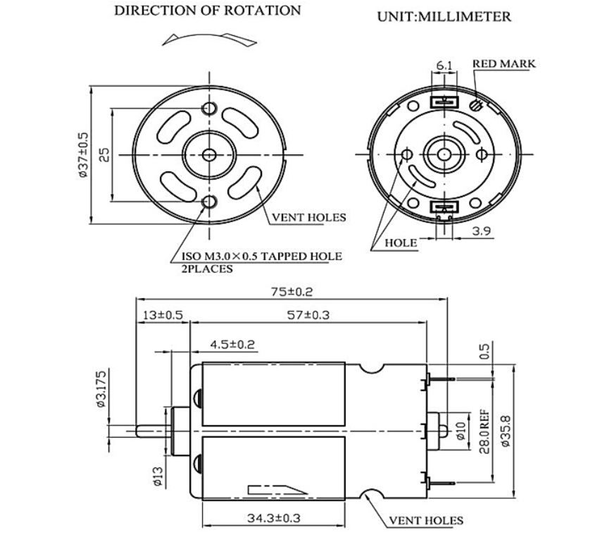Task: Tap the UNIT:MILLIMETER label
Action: click(x=444, y=17)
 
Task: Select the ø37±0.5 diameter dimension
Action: click(x=83, y=154)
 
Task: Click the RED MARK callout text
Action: click(x=503, y=63)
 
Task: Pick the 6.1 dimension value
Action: click(x=444, y=66)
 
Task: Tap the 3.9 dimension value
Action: click(x=482, y=231)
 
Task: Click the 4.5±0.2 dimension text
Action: click(x=232, y=345)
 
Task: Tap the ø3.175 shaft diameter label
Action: click(x=103, y=388)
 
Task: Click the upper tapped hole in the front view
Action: click(x=209, y=108)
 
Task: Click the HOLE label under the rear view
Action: click(x=401, y=242)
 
